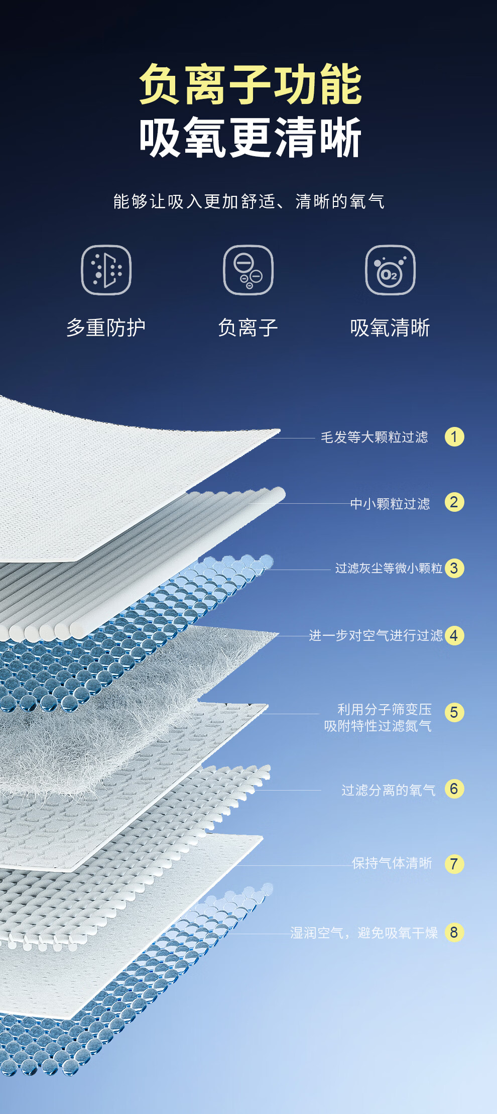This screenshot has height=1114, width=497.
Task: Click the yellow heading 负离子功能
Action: pos(250,84)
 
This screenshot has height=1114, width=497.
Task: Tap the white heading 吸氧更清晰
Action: pos(250,138)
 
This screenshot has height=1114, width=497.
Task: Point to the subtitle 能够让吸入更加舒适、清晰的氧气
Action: pos(248,201)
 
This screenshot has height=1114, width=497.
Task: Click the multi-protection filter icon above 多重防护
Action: pos(106,270)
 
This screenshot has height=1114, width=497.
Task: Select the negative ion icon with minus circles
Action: pos(248,270)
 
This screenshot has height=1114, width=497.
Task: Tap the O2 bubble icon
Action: pos(390,270)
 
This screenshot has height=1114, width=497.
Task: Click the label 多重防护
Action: pos(106,328)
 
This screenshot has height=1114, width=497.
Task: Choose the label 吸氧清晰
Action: pos(390,328)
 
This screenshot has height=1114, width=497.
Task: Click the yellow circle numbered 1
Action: pos(454,437)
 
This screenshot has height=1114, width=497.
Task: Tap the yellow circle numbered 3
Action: pos(454,569)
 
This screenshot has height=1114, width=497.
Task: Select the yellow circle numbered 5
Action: pos(454,712)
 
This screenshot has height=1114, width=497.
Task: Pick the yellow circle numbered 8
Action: pos(454,933)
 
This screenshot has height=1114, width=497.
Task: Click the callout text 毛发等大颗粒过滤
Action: pos(375,437)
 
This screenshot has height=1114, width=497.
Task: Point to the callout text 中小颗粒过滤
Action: pos(390,504)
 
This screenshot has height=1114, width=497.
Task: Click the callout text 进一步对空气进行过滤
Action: pos(376,636)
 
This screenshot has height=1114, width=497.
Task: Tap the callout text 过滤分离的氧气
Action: pos(388,790)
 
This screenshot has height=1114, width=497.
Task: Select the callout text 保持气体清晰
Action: pos(392,863)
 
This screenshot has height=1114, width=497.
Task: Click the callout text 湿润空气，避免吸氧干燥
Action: pos(364,933)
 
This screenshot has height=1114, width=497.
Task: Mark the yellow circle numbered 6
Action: pos(454,789)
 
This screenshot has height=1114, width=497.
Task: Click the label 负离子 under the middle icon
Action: pos(248,328)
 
